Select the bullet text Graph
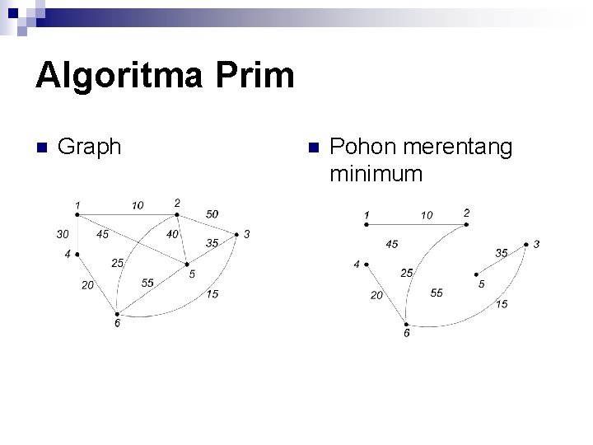click(91, 147)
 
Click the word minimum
click(376, 174)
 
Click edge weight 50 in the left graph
click(212, 214)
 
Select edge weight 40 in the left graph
click(172, 234)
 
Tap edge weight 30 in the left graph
click(62, 234)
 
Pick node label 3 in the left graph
click(247, 235)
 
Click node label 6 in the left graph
click(117, 324)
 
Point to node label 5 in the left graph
click(192, 274)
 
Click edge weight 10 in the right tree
click(427, 216)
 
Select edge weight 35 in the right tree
click(501, 253)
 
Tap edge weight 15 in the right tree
click(502, 304)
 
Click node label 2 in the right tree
click(466, 213)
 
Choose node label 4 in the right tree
click(357, 265)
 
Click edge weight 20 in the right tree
click(376, 295)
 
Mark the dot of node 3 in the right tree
click(526, 245)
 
